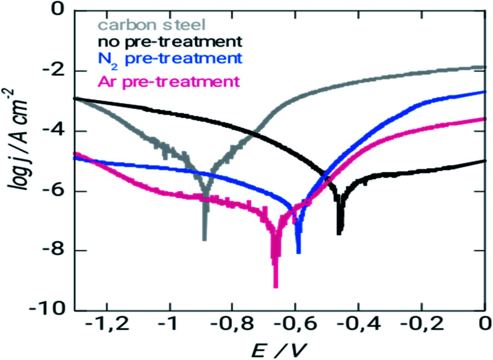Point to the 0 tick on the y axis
pos(57,11)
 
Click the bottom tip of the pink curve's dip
pos(276,287)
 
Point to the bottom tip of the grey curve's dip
pos(204,240)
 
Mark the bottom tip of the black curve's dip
pos(340,234)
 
